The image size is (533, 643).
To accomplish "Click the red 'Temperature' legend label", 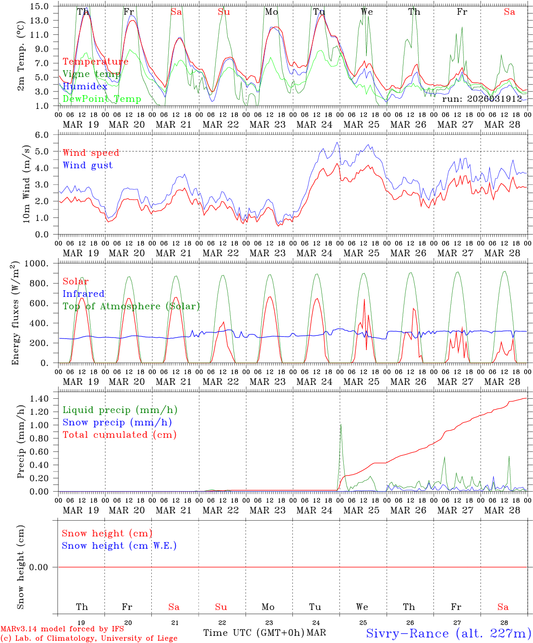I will coord(95,62).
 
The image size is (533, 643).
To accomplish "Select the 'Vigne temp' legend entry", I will coord(91,74).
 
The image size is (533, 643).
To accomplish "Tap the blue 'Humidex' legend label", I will coord(85,87).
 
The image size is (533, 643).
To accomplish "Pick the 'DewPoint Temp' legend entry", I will coord(102,99).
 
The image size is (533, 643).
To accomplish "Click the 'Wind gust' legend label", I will coord(87,165).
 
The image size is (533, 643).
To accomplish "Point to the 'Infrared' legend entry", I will coord(83,294).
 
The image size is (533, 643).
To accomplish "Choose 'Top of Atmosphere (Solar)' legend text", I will coord(131,306).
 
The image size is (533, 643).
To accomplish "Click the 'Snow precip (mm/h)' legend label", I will coord(117,422).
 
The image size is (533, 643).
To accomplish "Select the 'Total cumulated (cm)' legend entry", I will coord(119,435).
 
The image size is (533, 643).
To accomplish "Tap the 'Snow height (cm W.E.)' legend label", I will coord(119,546).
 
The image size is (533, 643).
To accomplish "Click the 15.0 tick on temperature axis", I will coord(40,6).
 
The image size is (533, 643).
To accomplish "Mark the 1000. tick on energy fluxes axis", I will coord(37,263).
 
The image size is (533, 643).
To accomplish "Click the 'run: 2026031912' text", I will coord(482,99).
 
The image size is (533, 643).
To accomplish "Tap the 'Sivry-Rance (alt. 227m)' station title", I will coord(448,633).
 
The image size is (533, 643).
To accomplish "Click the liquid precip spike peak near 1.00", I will coord(341,425).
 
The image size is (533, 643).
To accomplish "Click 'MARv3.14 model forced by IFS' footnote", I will coord(62,629).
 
